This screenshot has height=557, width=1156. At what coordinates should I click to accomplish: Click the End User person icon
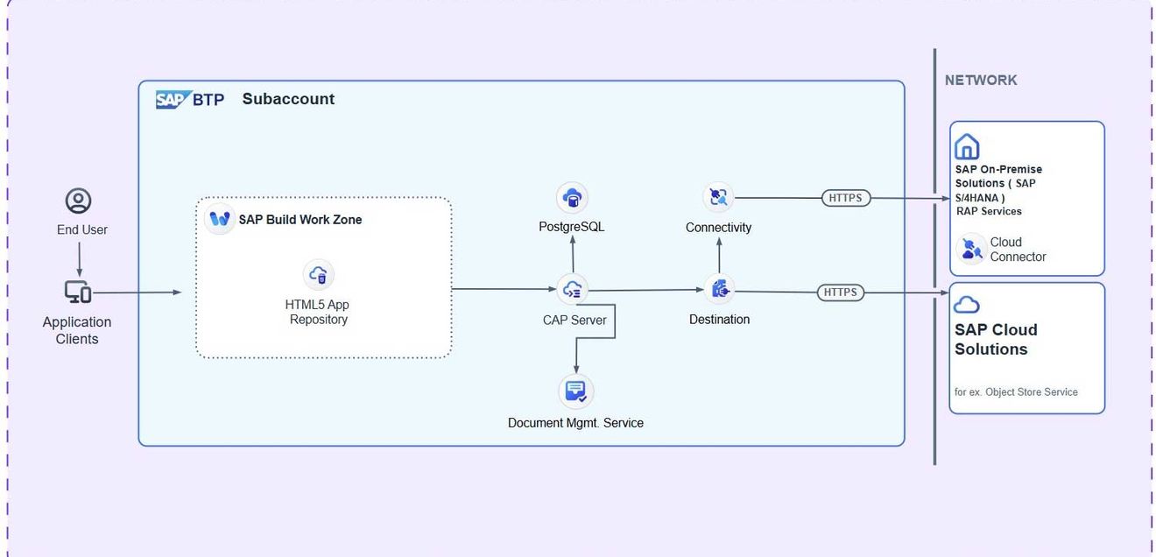click(79, 201)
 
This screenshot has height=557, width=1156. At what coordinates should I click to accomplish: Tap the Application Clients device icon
click(78, 293)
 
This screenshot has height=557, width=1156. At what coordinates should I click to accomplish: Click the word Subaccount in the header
click(288, 99)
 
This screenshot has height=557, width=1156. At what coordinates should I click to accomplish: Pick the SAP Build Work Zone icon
click(220, 219)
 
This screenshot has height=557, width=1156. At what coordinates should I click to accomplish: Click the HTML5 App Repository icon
click(319, 275)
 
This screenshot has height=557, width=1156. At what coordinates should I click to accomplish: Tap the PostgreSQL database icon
click(572, 198)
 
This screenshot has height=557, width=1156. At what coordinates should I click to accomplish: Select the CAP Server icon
click(573, 290)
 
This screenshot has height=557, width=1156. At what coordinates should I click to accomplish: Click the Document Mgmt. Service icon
click(576, 391)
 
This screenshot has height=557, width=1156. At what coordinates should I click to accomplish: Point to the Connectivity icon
click(718, 197)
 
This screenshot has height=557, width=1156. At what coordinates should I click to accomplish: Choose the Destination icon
click(719, 290)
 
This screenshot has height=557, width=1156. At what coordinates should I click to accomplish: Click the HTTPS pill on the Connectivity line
click(846, 198)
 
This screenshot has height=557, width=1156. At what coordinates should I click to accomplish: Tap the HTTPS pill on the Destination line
click(841, 293)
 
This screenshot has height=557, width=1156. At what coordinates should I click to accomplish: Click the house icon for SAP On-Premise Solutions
click(967, 146)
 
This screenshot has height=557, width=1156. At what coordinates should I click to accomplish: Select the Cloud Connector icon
click(972, 250)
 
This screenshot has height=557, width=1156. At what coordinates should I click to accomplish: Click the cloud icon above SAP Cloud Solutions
click(967, 305)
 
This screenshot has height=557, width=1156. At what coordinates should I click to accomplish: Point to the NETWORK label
click(981, 80)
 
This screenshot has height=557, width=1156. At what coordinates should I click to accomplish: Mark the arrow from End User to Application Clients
click(80, 259)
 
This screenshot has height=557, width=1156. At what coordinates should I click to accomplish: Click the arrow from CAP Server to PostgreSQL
click(573, 254)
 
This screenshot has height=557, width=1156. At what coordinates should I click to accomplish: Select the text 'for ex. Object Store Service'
click(1016, 391)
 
